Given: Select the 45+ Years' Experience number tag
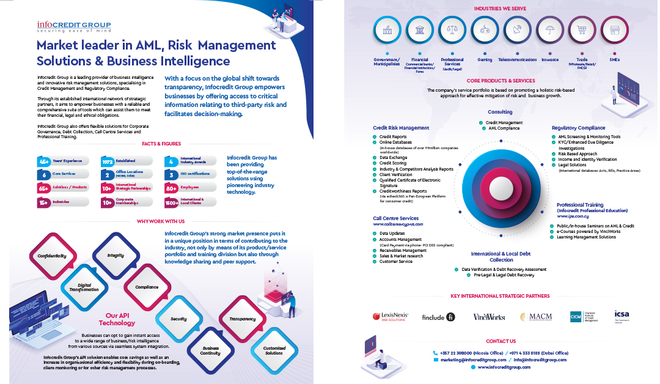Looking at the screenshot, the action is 44,161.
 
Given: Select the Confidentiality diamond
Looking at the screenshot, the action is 51,256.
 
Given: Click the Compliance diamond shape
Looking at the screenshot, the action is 146,286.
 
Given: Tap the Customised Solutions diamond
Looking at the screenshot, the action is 274,350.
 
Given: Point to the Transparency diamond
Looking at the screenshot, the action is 242,319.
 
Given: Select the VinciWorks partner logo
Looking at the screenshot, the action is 489,317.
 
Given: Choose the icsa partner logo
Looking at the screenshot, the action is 622,316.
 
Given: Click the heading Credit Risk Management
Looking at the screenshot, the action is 400,128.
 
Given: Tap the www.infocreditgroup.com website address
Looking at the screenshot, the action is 504,367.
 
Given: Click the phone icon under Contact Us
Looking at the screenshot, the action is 435,353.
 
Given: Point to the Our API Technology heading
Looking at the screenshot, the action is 117,319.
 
